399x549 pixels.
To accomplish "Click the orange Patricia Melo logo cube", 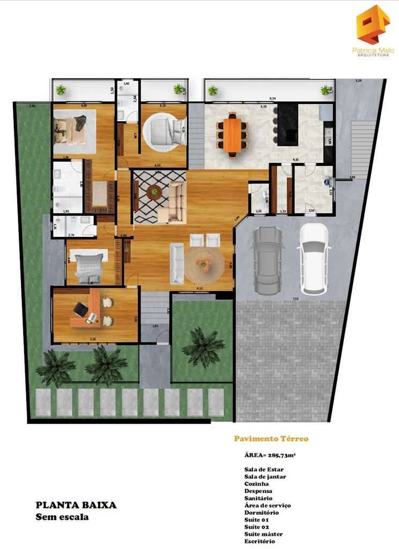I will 373,24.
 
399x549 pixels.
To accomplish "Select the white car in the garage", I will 314,259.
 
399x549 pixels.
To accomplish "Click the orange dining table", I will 233,135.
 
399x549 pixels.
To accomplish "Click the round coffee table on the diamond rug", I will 154,191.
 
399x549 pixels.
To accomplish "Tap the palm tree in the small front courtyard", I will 203,347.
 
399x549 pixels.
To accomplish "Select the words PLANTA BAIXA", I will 76,505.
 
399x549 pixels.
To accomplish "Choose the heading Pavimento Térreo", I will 271,439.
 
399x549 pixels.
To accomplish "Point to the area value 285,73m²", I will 271,455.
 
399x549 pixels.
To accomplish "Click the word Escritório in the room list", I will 260,541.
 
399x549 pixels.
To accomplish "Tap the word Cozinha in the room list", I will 257,484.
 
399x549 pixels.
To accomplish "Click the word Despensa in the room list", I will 258,491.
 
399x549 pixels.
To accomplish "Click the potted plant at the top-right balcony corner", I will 325,90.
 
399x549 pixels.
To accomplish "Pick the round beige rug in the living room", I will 205,265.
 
